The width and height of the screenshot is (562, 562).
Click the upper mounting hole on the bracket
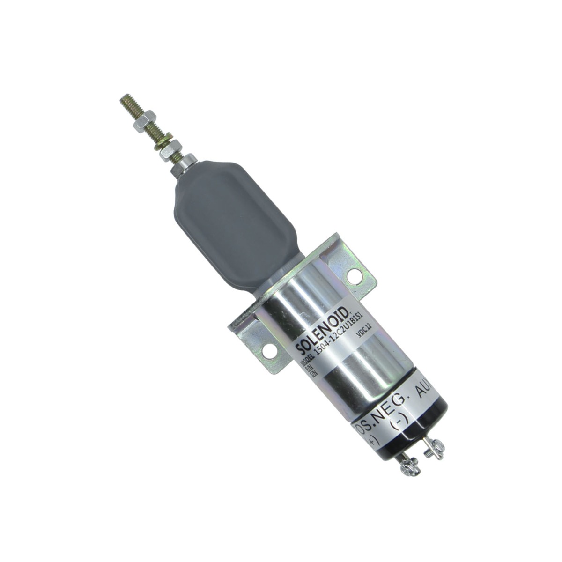[x=352, y=276]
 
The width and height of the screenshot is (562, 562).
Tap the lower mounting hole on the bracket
[x=268, y=349]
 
